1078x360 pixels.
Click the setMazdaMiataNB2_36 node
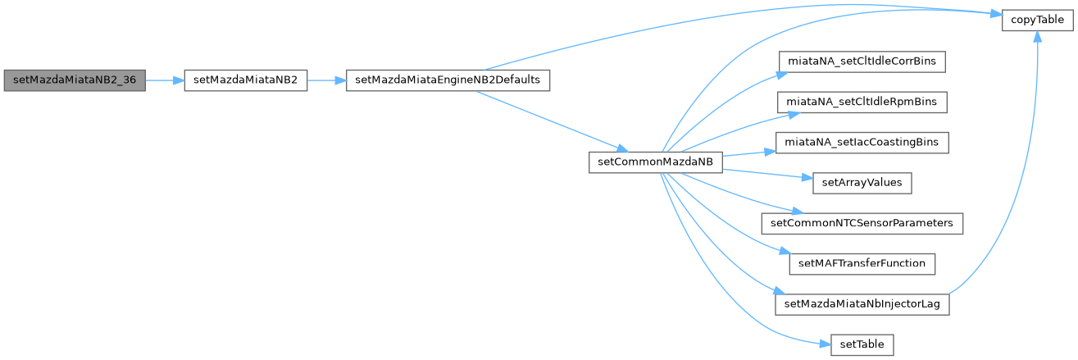point(75,80)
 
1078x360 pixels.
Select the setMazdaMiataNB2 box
point(246,80)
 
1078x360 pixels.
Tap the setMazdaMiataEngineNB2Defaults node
point(448,80)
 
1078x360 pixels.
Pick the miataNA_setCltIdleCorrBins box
point(862,60)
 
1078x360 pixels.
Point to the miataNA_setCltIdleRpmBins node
point(862,101)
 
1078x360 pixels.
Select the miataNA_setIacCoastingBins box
point(862,142)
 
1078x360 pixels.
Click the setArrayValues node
point(862,182)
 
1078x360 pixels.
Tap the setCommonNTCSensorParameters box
point(862,222)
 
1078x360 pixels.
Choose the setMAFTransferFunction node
point(862,263)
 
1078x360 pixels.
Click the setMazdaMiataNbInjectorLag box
point(862,303)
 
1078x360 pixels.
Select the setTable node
point(862,344)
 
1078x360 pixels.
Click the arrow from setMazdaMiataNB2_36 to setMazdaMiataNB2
point(164,80)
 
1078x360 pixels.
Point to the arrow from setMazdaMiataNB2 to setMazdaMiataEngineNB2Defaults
point(327,80)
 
